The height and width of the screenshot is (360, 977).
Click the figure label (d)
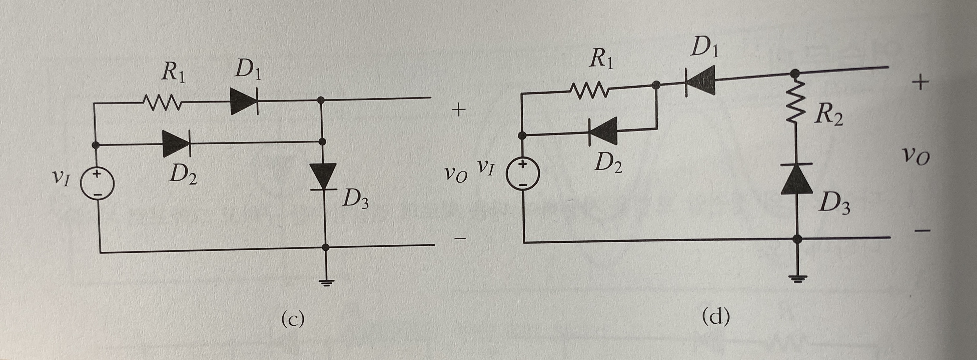(x=715, y=317)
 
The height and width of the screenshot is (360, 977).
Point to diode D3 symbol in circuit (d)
(x=796, y=179)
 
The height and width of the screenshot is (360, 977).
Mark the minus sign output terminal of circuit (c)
(x=459, y=239)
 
